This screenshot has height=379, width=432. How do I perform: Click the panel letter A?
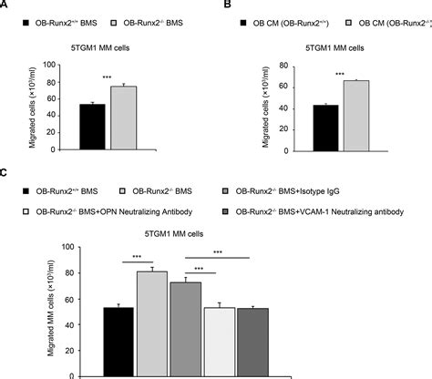pos(6,5)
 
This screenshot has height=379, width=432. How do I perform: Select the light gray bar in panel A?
pos(123,118)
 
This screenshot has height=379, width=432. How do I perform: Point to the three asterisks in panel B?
pos(340,74)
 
